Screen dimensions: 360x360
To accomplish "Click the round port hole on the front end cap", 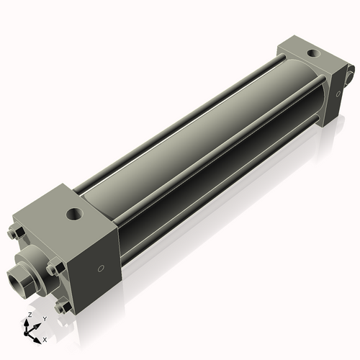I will [74, 213].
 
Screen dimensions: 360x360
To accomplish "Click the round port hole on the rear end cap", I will [313, 53].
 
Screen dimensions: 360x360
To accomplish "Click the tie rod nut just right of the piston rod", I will [53, 268].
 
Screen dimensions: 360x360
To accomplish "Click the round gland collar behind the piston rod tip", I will [35, 263].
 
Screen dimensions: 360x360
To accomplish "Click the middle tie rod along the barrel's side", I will [216, 155].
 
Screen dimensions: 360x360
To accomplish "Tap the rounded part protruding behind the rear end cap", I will [351, 72].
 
